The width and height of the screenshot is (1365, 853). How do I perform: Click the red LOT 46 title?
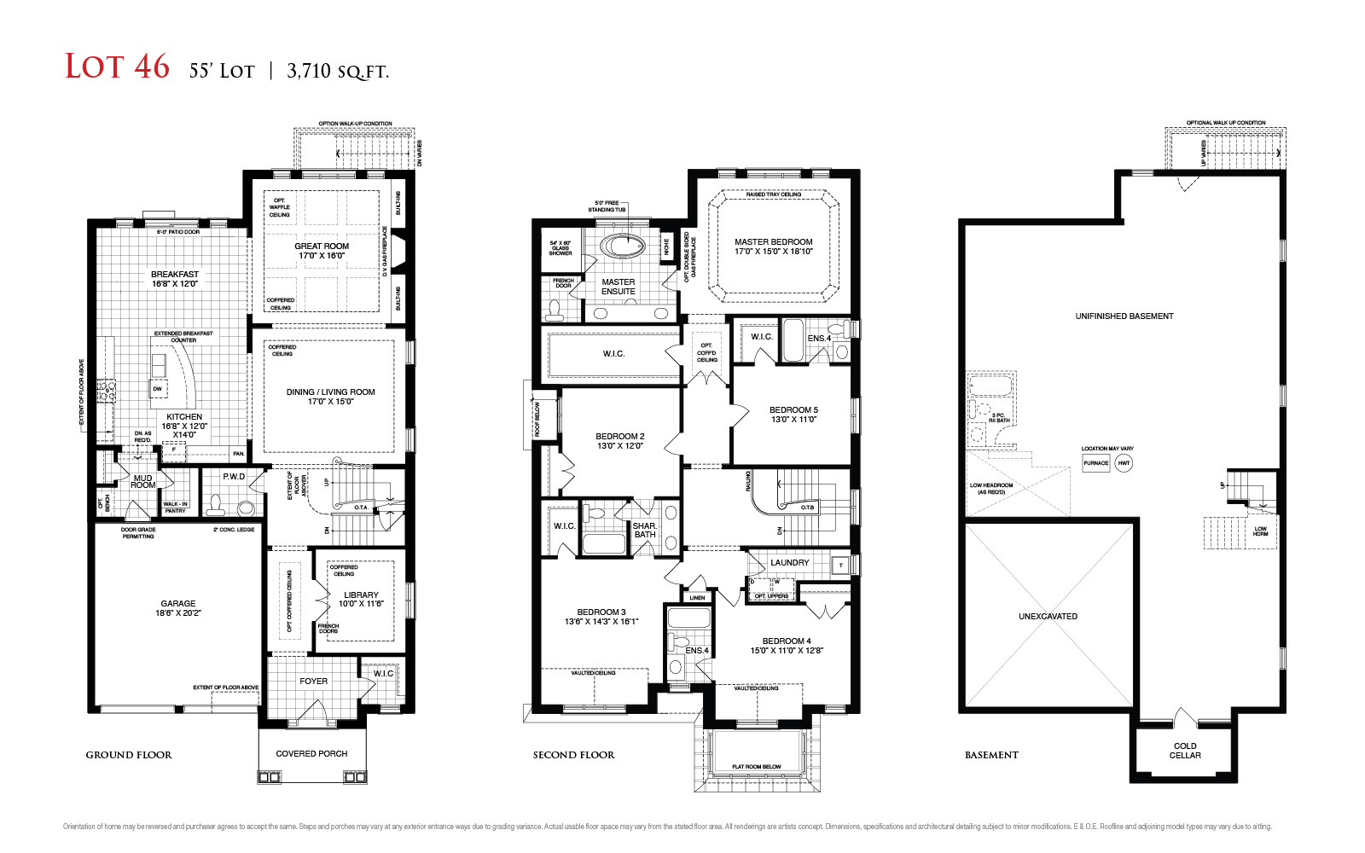(x=118, y=67)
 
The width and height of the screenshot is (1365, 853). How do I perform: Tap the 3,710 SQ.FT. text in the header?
(x=338, y=71)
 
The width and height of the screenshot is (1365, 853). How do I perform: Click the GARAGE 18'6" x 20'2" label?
(x=178, y=607)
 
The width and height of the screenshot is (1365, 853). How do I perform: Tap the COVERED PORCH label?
(x=311, y=753)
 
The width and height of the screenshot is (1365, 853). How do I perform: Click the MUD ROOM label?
(x=143, y=481)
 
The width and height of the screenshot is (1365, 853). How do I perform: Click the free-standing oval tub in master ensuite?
(x=623, y=247)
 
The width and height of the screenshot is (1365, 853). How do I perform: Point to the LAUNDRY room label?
(x=789, y=563)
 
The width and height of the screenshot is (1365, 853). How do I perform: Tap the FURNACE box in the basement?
(x=1095, y=463)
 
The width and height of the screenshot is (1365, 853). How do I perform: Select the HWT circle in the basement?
(x=1124, y=463)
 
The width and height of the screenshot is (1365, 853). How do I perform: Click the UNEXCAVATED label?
(x=1048, y=616)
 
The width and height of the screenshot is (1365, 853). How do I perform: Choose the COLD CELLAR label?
(x=1185, y=751)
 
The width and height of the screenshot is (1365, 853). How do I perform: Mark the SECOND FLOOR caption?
(x=573, y=755)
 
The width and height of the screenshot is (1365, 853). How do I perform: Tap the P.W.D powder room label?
(x=234, y=477)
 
